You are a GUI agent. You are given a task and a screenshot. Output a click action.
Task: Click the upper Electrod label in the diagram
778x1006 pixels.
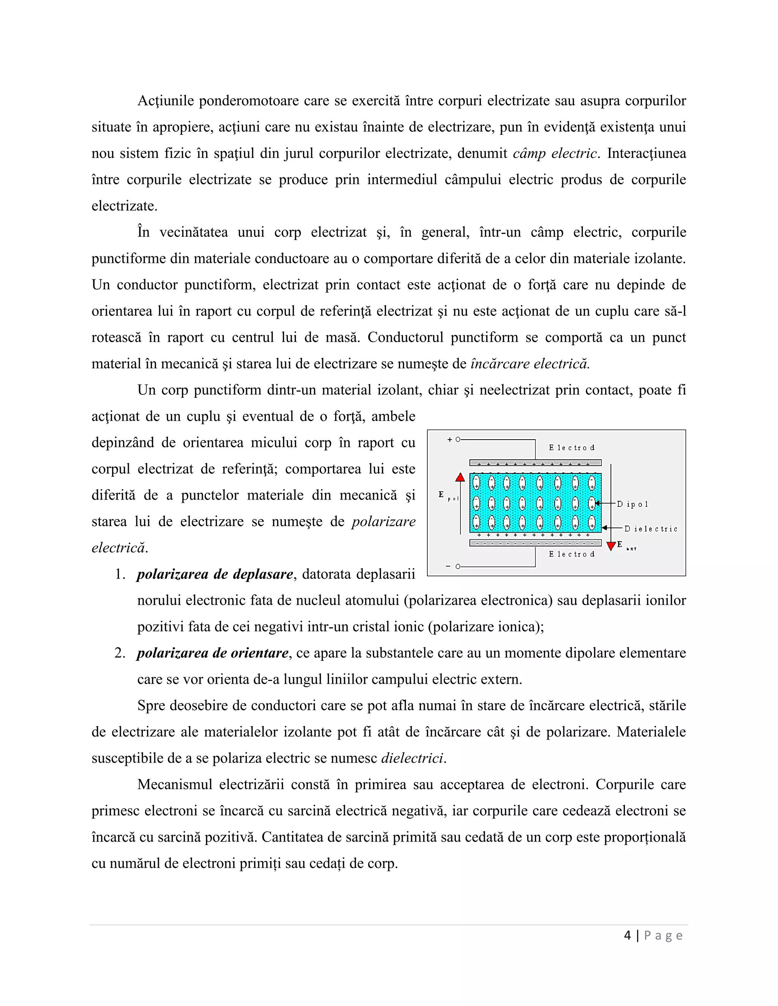click(571, 448)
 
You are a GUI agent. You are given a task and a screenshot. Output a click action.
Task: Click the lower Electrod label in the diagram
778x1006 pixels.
click(571, 554)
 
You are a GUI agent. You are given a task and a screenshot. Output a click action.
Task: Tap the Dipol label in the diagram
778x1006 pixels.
click(633, 505)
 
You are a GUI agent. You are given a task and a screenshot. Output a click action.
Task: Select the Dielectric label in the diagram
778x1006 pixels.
click(651, 529)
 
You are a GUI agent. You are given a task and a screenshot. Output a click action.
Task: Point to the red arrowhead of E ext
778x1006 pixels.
click(611, 546)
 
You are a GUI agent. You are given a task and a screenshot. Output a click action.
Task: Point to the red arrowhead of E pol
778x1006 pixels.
click(460, 477)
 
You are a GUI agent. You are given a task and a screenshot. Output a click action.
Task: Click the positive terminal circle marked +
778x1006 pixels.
click(458, 440)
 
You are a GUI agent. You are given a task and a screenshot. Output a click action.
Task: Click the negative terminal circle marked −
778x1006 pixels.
click(458, 566)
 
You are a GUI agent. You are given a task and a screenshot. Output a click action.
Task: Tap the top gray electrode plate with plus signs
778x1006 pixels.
click(535, 463)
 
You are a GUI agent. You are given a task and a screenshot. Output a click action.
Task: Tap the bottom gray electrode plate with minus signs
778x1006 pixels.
click(535, 543)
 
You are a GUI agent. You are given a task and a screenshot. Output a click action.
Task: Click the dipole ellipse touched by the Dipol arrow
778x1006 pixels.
click(592, 503)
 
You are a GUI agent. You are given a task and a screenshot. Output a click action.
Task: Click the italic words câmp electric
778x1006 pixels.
click(555, 153)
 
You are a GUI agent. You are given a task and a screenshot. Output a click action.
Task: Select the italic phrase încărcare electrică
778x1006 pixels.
click(530, 364)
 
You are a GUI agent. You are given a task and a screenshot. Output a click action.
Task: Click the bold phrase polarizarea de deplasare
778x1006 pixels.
click(215, 574)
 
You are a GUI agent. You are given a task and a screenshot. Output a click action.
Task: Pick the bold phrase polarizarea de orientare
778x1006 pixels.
click(212, 653)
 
